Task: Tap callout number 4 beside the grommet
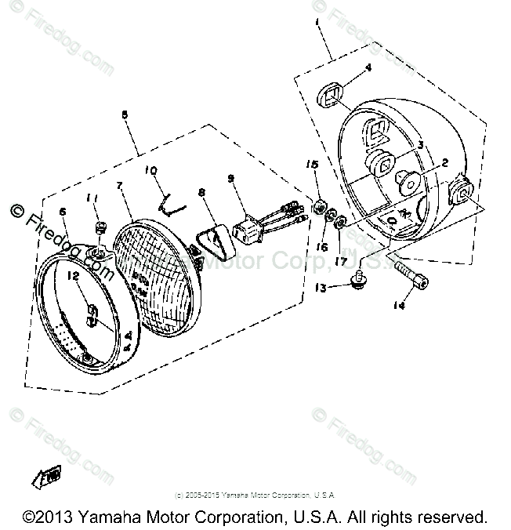pos(368,68)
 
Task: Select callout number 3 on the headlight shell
pos(419,145)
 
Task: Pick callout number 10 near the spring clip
pos(151,169)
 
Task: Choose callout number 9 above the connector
pos(230,180)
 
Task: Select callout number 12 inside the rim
pos(73,276)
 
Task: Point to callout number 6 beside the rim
pos(63,212)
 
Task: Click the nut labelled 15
pos(320,207)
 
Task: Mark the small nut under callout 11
pos(100,227)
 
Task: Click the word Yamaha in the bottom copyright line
pos(92,517)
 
